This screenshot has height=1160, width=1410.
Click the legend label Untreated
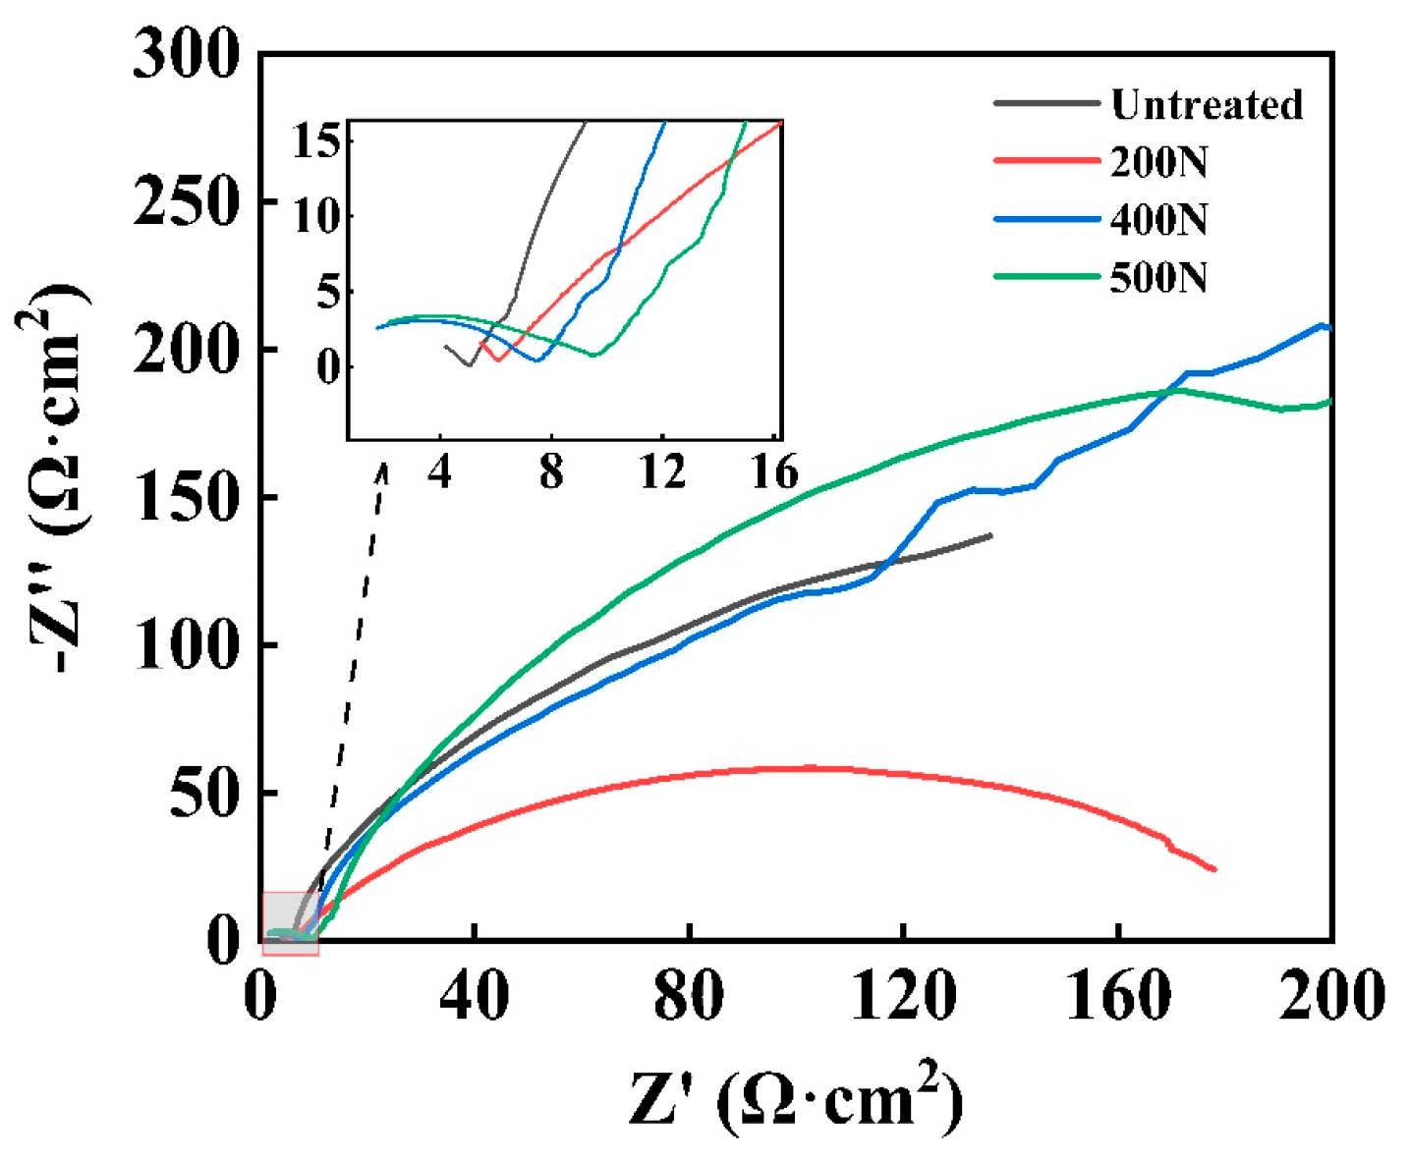(x=1207, y=104)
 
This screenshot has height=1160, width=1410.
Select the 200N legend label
(x=1158, y=161)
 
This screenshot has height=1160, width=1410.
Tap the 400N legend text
(x=1158, y=219)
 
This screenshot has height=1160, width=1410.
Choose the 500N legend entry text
(x=1158, y=277)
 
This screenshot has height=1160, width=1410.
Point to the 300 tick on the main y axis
(x=186, y=53)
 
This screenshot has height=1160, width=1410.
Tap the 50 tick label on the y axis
(x=204, y=793)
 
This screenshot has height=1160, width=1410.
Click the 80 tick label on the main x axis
(x=689, y=996)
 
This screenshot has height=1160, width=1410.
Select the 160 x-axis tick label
(x=1118, y=996)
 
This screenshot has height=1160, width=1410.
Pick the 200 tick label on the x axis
(x=1330, y=996)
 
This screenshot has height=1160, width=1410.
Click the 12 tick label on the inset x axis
(x=662, y=473)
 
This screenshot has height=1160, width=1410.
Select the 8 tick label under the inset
(x=551, y=473)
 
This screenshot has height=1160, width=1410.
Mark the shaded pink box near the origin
(x=290, y=922)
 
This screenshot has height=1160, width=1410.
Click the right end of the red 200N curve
(x=1214, y=869)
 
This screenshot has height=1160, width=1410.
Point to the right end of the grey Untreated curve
(x=990, y=535)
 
